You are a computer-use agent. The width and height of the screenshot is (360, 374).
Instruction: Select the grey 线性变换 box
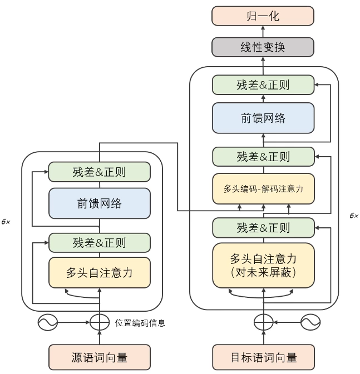coord(263,47)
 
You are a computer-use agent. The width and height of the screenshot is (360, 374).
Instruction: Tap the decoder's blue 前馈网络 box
coord(263,118)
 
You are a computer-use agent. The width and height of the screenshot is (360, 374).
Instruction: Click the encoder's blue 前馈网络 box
coord(100,203)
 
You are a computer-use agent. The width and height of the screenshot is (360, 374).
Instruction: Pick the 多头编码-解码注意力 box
coord(263,188)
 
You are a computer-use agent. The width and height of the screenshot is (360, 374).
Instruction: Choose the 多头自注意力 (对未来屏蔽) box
coord(263,266)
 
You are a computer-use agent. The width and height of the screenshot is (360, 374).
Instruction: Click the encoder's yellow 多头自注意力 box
coord(100,272)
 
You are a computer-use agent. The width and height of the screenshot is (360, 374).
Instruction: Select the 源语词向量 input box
coord(100,357)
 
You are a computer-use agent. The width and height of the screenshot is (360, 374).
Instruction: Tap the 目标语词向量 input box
coord(263,357)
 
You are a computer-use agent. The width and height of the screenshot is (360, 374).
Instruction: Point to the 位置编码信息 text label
coord(140,322)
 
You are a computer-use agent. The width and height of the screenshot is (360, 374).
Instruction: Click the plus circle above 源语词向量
coord(100,322)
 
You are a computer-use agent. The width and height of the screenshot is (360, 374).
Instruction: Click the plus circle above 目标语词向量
coord(263,322)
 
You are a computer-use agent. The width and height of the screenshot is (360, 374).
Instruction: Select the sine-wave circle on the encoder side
coord(47,322)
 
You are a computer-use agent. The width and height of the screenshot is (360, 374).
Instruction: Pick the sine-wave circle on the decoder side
coord(310,322)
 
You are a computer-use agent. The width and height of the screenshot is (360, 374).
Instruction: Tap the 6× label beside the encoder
coord(6,221)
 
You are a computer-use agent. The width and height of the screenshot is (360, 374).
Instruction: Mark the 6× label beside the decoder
coord(354,215)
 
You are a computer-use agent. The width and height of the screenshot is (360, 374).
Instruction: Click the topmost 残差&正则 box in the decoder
coord(263,85)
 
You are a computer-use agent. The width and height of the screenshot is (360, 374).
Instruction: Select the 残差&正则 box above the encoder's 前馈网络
coord(100,172)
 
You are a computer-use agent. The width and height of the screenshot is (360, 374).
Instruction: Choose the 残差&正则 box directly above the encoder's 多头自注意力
coord(100,242)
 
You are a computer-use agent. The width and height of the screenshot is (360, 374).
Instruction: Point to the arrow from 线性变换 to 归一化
coord(263,32)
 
